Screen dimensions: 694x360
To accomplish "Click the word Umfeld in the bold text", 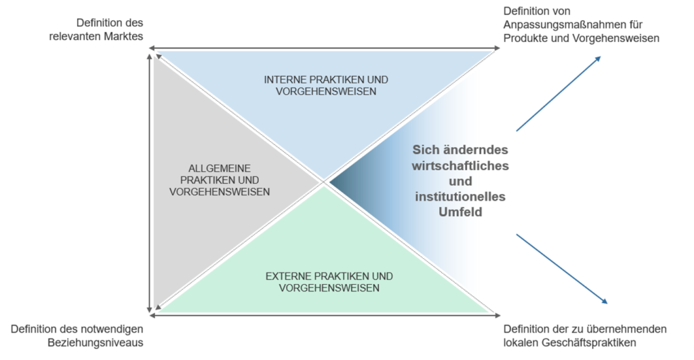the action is pyautogui.click(x=460, y=212).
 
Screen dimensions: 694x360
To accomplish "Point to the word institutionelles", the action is pyautogui.click(x=460, y=197).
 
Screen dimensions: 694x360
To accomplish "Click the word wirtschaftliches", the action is pyautogui.click(x=460, y=165).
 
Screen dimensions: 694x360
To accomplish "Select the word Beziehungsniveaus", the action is pyautogui.click(x=96, y=343).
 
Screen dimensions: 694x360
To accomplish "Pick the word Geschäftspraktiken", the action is pyautogui.click(x=589, y=343).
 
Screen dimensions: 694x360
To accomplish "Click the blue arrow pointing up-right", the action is pyautogui.click(x=558, y=94).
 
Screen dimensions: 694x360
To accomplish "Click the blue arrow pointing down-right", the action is pyautogui.click(x=562, y=268).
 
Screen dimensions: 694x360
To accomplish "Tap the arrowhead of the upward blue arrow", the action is pyautogui.click(x=598, y=59).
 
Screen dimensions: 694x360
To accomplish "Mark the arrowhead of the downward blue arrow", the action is pyautogui.click(x=605, y=301).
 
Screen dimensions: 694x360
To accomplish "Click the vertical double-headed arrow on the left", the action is pyautogui.click(x=150, y=183).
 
